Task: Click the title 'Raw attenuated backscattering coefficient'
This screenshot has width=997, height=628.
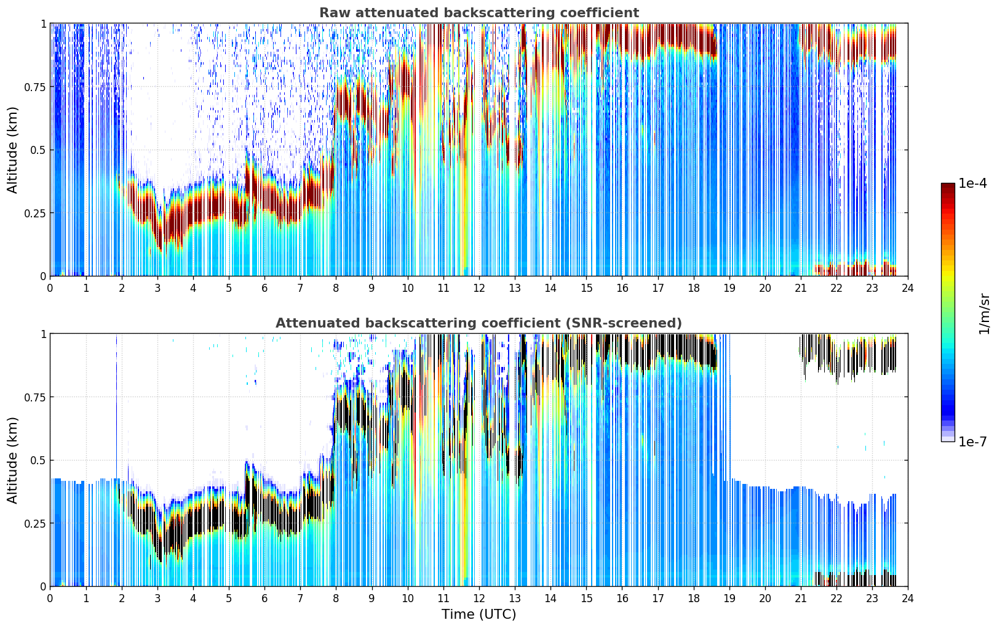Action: [x=479, y=12]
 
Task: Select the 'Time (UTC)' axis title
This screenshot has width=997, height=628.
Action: [x=479, y=614]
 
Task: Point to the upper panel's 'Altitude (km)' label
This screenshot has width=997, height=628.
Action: [x=12, y=150]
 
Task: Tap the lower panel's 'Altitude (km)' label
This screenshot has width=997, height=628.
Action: [x=12, y=461]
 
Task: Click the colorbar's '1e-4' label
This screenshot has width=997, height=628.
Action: [x=972, y=183]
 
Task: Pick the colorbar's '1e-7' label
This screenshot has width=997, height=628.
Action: [x=972, y=442]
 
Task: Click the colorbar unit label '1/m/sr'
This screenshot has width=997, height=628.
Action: [x=984, y=313]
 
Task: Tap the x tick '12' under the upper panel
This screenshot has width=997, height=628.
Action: [x=479, y=288]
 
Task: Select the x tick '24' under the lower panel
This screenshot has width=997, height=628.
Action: [x=908, y=598]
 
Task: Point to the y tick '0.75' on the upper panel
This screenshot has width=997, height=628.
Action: [x=35, y=87]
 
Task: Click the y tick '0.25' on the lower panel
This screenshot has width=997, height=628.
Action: [x=35, y=523]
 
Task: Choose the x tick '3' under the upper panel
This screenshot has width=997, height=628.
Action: [x=157, y=288]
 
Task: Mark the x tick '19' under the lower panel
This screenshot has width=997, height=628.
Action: [x=729, y=598]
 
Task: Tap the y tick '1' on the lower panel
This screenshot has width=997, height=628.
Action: [x=44, y=334]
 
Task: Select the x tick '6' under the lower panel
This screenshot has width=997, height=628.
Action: [x=264, y=598]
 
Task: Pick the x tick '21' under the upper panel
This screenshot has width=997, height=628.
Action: [x=801, y=288]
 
